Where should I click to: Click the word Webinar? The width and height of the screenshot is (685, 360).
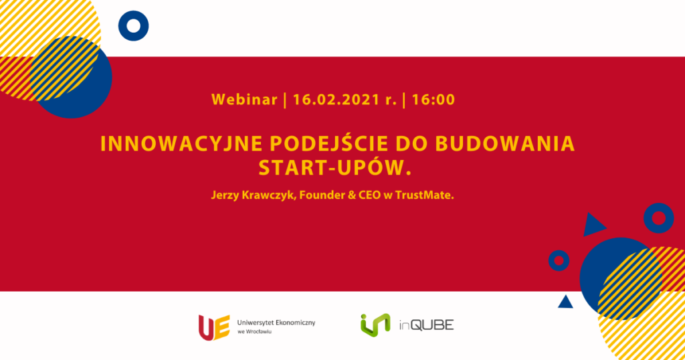(x=244, y=100)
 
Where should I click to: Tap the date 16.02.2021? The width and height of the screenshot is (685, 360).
(x=336, y=100)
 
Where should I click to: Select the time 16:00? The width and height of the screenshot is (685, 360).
(x=433, y=100)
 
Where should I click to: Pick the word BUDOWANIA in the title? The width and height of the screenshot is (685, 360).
(x=505, y=144)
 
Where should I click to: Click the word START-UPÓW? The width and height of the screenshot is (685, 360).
(x=335, y=168)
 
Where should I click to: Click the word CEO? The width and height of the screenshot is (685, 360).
(x=369, y=195)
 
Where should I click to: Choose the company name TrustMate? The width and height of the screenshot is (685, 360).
(x=424, y=195)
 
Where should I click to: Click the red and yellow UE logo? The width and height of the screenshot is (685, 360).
(x=214, y=327)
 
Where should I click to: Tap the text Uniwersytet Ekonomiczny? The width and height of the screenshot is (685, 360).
(x=276, y=323)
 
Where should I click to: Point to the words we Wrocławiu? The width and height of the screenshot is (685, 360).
(x=254, y=332)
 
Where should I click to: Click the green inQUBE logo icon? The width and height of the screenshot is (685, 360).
(x=375, y=325)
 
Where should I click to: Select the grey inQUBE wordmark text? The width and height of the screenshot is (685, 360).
(x=426, y=325)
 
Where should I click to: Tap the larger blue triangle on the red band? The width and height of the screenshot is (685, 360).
(x=593, y=225)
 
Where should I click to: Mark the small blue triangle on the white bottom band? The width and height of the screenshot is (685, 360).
(x=565, y=302)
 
